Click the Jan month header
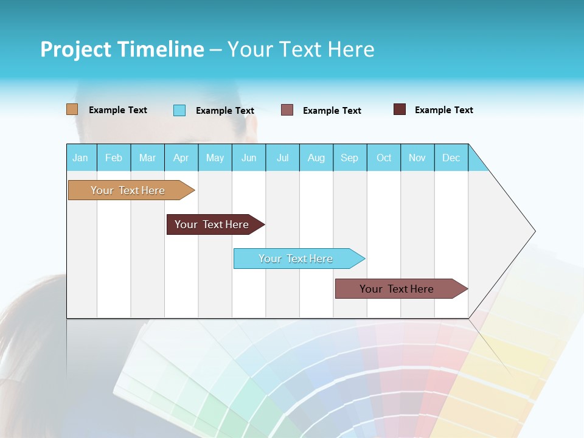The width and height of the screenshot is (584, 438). pyautogui.click(x=80, y=158)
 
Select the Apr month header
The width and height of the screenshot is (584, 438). pyautogui.click(x=181, y=158)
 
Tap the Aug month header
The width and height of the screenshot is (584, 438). pyautogui.click(x=316, y=158)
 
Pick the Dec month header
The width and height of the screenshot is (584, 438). pyautogui.click(x=451, y=158)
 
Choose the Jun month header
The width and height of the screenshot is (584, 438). pyautogui.click(x=249, y=158)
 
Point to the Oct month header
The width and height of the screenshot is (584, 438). pyautogui.click(x=384, y=158)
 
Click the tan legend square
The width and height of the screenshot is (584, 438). pyautogui.click(x=72, y=109)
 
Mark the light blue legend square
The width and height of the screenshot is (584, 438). pyautogui.click(x=179, y=110)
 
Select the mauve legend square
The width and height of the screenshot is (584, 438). pyautogui.click(x=287, y=110)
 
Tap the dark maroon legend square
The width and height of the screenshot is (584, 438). pyautogui.click(x=400, y=109)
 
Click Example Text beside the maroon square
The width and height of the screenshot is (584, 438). pyautogui.click(x=443, y=109)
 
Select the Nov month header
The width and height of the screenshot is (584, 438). pyautogui.click(x=417, y=158)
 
